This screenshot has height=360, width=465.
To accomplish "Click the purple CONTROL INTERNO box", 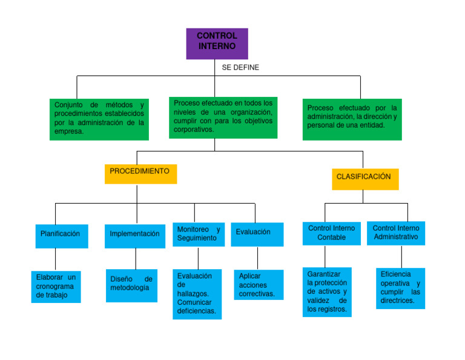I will (x=217, y=43).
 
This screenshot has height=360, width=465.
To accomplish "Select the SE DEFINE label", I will (x=240, y=68).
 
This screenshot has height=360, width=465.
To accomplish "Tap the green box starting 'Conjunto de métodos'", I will (x=99, y=119).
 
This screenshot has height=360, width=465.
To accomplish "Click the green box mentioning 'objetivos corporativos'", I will (x=223, y=118).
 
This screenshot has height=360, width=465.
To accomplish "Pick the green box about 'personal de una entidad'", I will (x=352, y=119).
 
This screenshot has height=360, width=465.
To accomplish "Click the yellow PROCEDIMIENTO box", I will (x=140, y=173).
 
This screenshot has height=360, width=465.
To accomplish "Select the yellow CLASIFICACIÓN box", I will (x=364, y=178).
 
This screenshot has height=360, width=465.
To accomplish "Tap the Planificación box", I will (x=61, y=236).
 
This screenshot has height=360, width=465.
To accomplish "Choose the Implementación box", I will (x=135, y=236).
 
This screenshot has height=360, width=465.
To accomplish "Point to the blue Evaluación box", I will (x=257, y=234).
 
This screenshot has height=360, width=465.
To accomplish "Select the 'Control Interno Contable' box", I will (x=331, y=233).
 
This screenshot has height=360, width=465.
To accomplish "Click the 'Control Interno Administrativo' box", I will (x=396, y=233).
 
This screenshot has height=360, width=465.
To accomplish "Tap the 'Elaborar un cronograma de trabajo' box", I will (x=56, y=287).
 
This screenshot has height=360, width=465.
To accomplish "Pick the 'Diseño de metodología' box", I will (x=131, y=285).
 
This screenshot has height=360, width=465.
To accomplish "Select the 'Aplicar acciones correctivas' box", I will (x=259, y=285).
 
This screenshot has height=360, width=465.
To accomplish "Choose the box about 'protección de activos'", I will (x=327, y=292).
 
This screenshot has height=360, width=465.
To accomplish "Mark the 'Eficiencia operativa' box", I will (x=400, y=288).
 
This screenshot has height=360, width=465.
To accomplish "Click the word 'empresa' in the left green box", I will (x=68, y=132).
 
